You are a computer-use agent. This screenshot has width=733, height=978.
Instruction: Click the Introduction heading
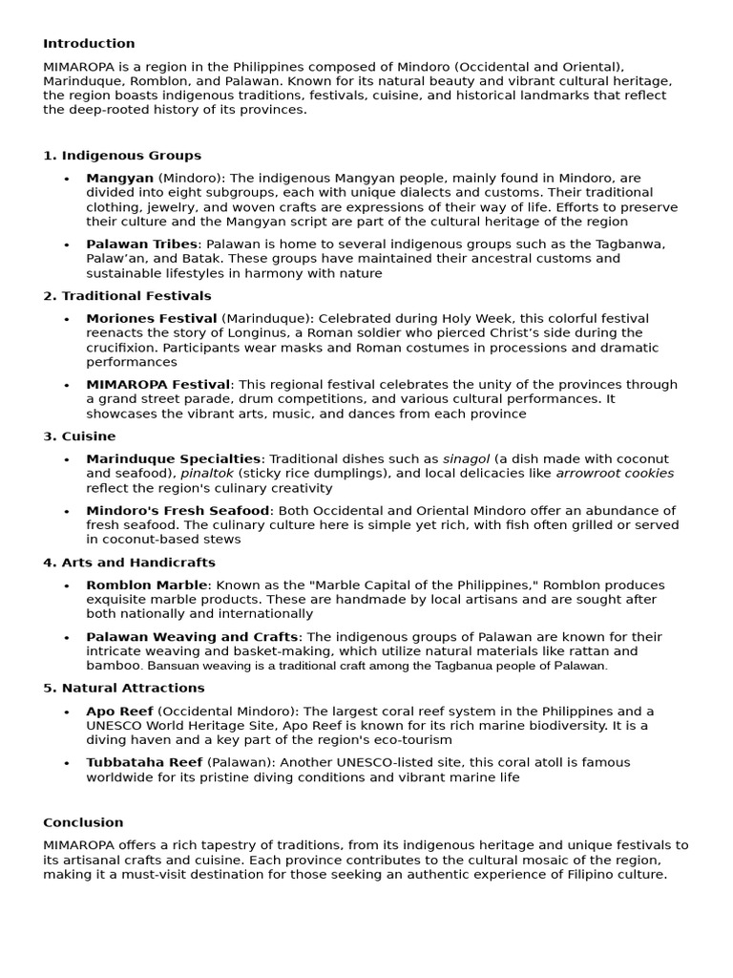pos(89,44)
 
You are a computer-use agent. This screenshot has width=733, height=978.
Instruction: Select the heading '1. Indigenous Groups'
pos(122,156)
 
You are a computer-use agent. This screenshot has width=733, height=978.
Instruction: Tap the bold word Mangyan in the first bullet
pos(119,178)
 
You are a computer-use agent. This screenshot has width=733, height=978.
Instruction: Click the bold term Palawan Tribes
pos(141,244)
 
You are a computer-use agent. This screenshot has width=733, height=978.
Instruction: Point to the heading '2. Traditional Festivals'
pos(127,296)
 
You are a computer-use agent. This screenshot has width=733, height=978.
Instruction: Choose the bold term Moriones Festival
pos(151,318)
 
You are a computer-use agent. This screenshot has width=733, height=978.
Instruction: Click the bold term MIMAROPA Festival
pos(157,385)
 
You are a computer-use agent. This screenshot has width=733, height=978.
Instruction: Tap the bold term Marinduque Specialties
pos(173,459)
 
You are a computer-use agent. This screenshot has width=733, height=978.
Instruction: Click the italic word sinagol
pos(464,459)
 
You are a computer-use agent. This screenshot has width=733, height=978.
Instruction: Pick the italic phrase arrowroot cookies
pos(615,474)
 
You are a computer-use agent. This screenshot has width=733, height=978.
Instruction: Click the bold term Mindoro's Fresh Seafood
pos(178,511)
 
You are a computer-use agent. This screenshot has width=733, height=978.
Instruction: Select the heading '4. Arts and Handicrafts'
pos(129,563)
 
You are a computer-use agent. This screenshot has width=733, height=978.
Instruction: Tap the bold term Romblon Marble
pos(146,585)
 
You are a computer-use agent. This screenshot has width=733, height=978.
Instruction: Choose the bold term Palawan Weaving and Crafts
pos(193,637)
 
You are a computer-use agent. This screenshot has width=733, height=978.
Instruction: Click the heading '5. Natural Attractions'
pos(124,688)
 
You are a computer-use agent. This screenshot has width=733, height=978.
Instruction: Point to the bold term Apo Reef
pos(119,712)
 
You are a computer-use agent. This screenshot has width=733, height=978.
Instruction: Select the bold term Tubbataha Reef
pos(144,763)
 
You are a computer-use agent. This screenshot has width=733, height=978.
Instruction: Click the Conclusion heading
pos(83,822)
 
